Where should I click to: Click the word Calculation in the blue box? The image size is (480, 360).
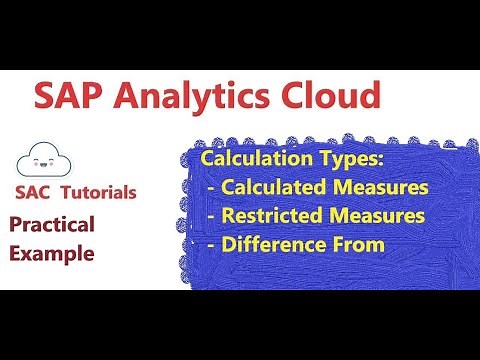[254, 160]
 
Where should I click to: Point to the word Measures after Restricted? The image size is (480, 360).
[375, 215]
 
